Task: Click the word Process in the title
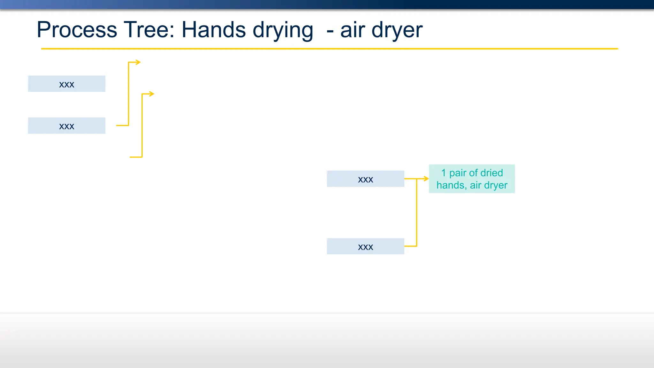[77, 30]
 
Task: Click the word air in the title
[353, 30]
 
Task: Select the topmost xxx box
[66, 84]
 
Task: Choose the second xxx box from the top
[66, 126]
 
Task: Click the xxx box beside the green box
[365, 179]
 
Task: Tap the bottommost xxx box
[365, 246]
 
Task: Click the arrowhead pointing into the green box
[426, 179]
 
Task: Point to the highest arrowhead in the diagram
[138, 62]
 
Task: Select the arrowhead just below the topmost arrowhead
[152, 94]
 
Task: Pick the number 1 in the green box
[444, 173]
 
